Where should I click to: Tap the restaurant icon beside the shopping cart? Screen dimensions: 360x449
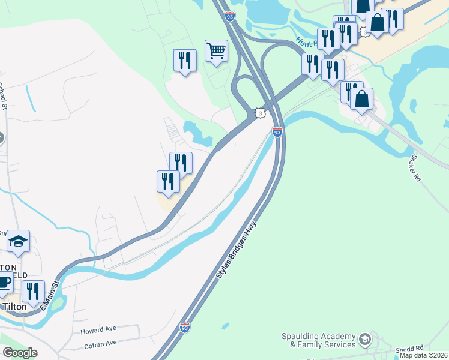point(184,60)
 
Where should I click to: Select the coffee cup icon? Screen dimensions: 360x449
point(4,283)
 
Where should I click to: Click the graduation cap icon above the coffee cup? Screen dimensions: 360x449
point(19,241)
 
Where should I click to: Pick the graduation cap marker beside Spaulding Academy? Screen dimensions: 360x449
point(364,341)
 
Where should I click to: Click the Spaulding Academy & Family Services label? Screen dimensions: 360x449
point(318,341)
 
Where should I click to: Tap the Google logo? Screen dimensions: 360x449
point(20,353)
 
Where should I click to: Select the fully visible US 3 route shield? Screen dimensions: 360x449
point(259,113)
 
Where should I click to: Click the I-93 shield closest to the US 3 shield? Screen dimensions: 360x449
point(277,132)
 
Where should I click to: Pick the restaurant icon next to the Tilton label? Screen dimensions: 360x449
point(33,292)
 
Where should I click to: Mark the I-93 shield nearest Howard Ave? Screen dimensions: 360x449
point(185,328)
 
